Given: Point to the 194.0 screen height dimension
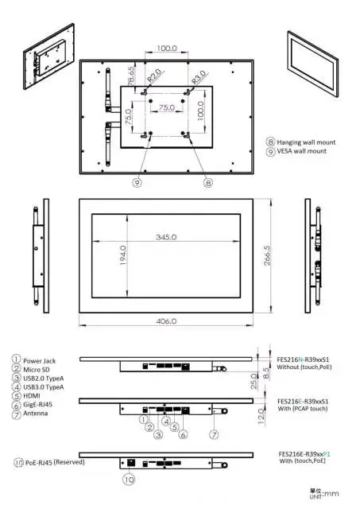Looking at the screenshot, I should click(x=123, y=256).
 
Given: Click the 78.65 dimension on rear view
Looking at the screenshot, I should click(x=131, y=80).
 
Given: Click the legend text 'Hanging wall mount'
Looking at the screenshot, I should click(x=306, y=142).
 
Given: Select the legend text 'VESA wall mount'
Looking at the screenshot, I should click(x=301, y=151).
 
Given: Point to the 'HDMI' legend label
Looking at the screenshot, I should click(x=34, y=396).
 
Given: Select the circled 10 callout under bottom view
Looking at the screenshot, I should click(x=130, y=480).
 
